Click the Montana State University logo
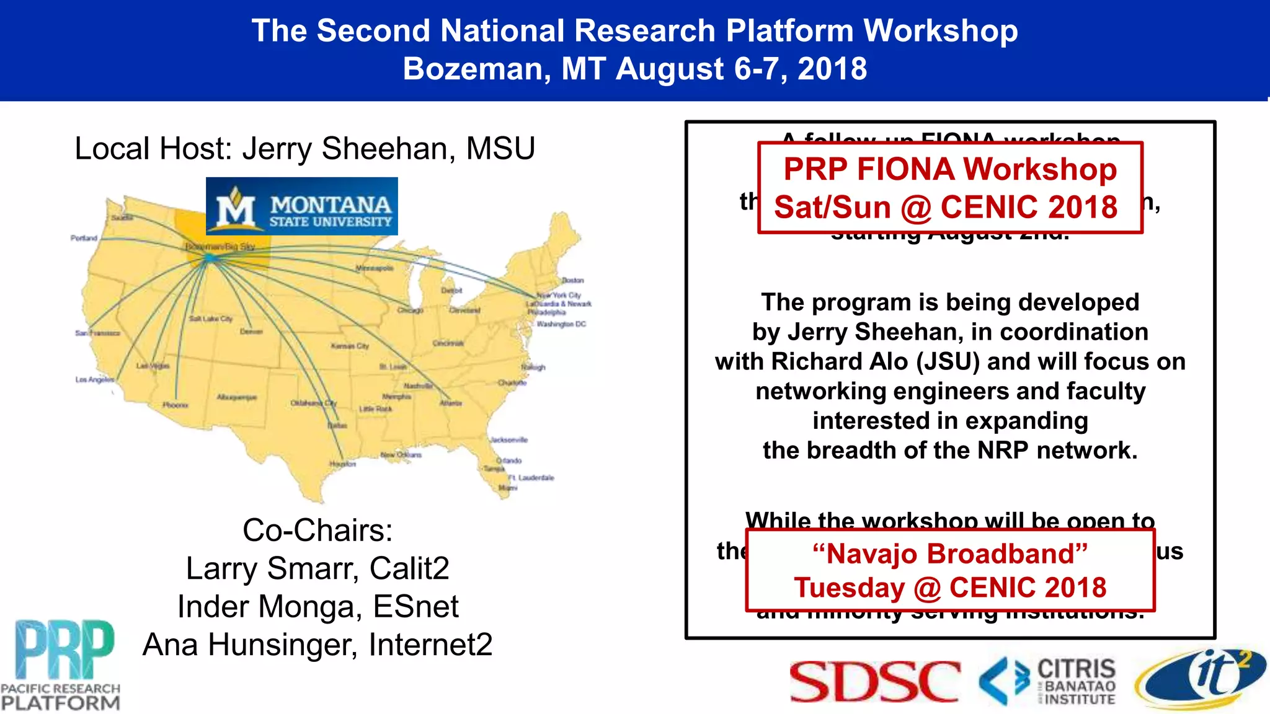tap(302, 206)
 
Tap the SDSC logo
tap(875, 681)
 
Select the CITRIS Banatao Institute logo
tap(1048, 681)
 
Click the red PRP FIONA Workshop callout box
tap(950, 188)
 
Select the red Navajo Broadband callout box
tap(950, 570)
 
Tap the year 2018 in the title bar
tap(832, 68)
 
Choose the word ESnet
tap(416, 606)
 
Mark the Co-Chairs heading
tap(317, 531)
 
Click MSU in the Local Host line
tap(500, 149)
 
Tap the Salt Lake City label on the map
tap(211, 319)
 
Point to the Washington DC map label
tap(561, 324)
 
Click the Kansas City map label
tap(350, 346)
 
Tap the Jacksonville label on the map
tap(509, 439)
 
